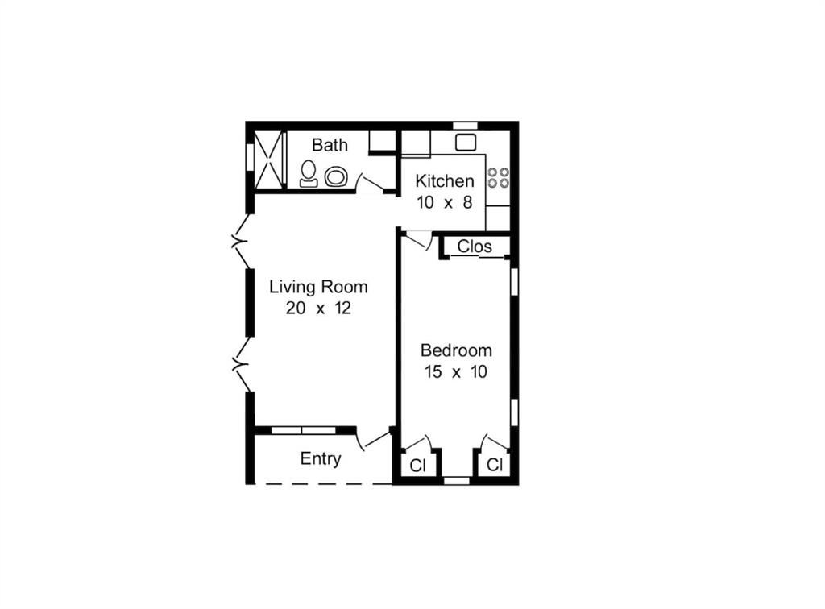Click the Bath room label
click(330, 145)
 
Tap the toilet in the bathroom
click(309, 174)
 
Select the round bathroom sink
click(336, 176)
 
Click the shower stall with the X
click(269, 159)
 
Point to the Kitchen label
click(445, 181)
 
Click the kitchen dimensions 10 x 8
click(445, 202)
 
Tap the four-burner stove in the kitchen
click(498, 178)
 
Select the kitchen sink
click(466, 142)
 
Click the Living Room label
click(318, 287)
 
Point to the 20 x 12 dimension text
click(318, 309)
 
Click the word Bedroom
click(456, 350)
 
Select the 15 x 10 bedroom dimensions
click(456, 372)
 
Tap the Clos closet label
click(475, 246)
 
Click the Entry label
click(321, 458)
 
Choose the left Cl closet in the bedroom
click(418, 466)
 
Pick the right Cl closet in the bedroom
click(495, 465)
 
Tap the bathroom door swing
click(371, 182)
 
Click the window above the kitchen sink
click(465, 125)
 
